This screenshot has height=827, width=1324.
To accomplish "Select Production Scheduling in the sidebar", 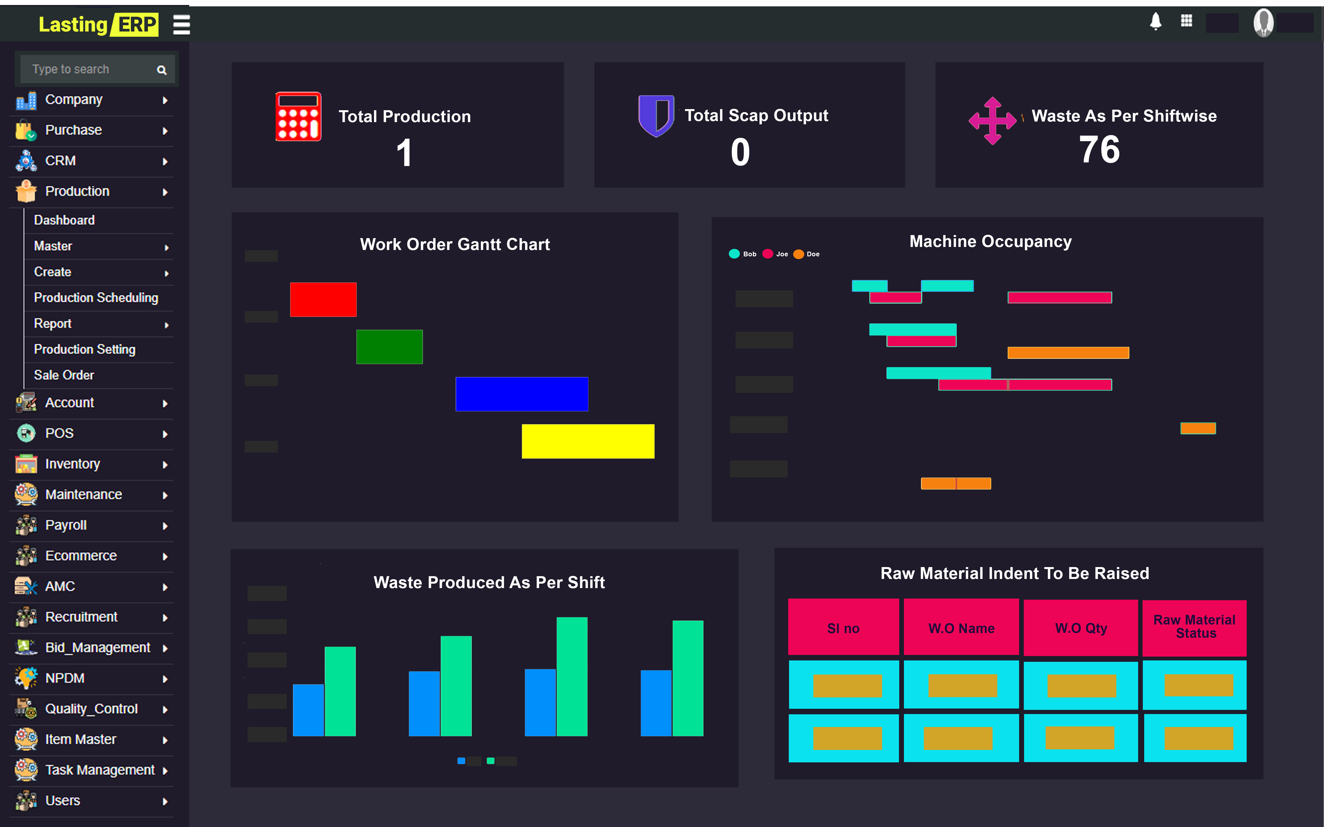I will (96, 297).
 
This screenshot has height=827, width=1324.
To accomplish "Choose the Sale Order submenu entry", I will (64, 375).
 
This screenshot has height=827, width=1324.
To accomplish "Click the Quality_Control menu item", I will (91, 709).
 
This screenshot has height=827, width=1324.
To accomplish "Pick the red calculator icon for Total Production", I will (298, 117).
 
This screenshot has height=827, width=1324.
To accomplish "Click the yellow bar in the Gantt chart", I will (588, 441).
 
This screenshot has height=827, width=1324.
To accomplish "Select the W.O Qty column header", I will (1081, 628).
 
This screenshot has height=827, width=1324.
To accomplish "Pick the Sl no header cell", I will (843, 628).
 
